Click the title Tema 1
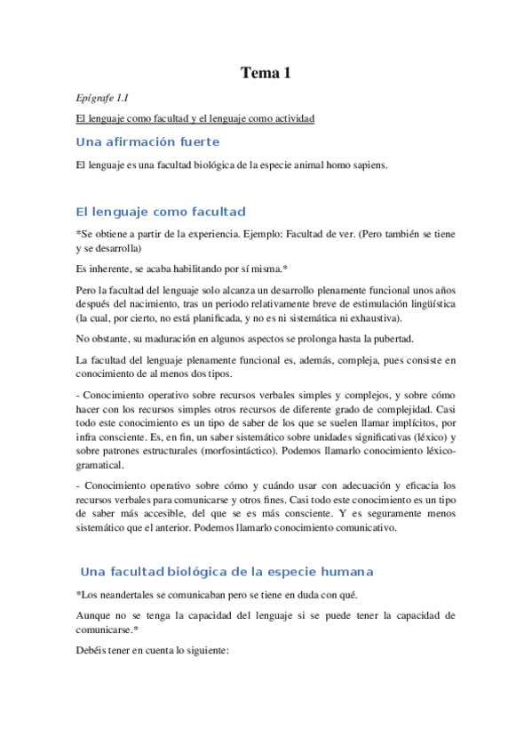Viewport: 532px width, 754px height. tap(266, 74)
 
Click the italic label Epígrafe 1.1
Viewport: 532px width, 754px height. tap(103, 98)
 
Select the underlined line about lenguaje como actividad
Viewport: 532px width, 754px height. tap(195, 118)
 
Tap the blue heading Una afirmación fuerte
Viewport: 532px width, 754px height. tap(147, 142)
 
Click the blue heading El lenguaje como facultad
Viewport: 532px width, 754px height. tap(161, 212)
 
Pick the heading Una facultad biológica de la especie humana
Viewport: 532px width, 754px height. tap(226, 571)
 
